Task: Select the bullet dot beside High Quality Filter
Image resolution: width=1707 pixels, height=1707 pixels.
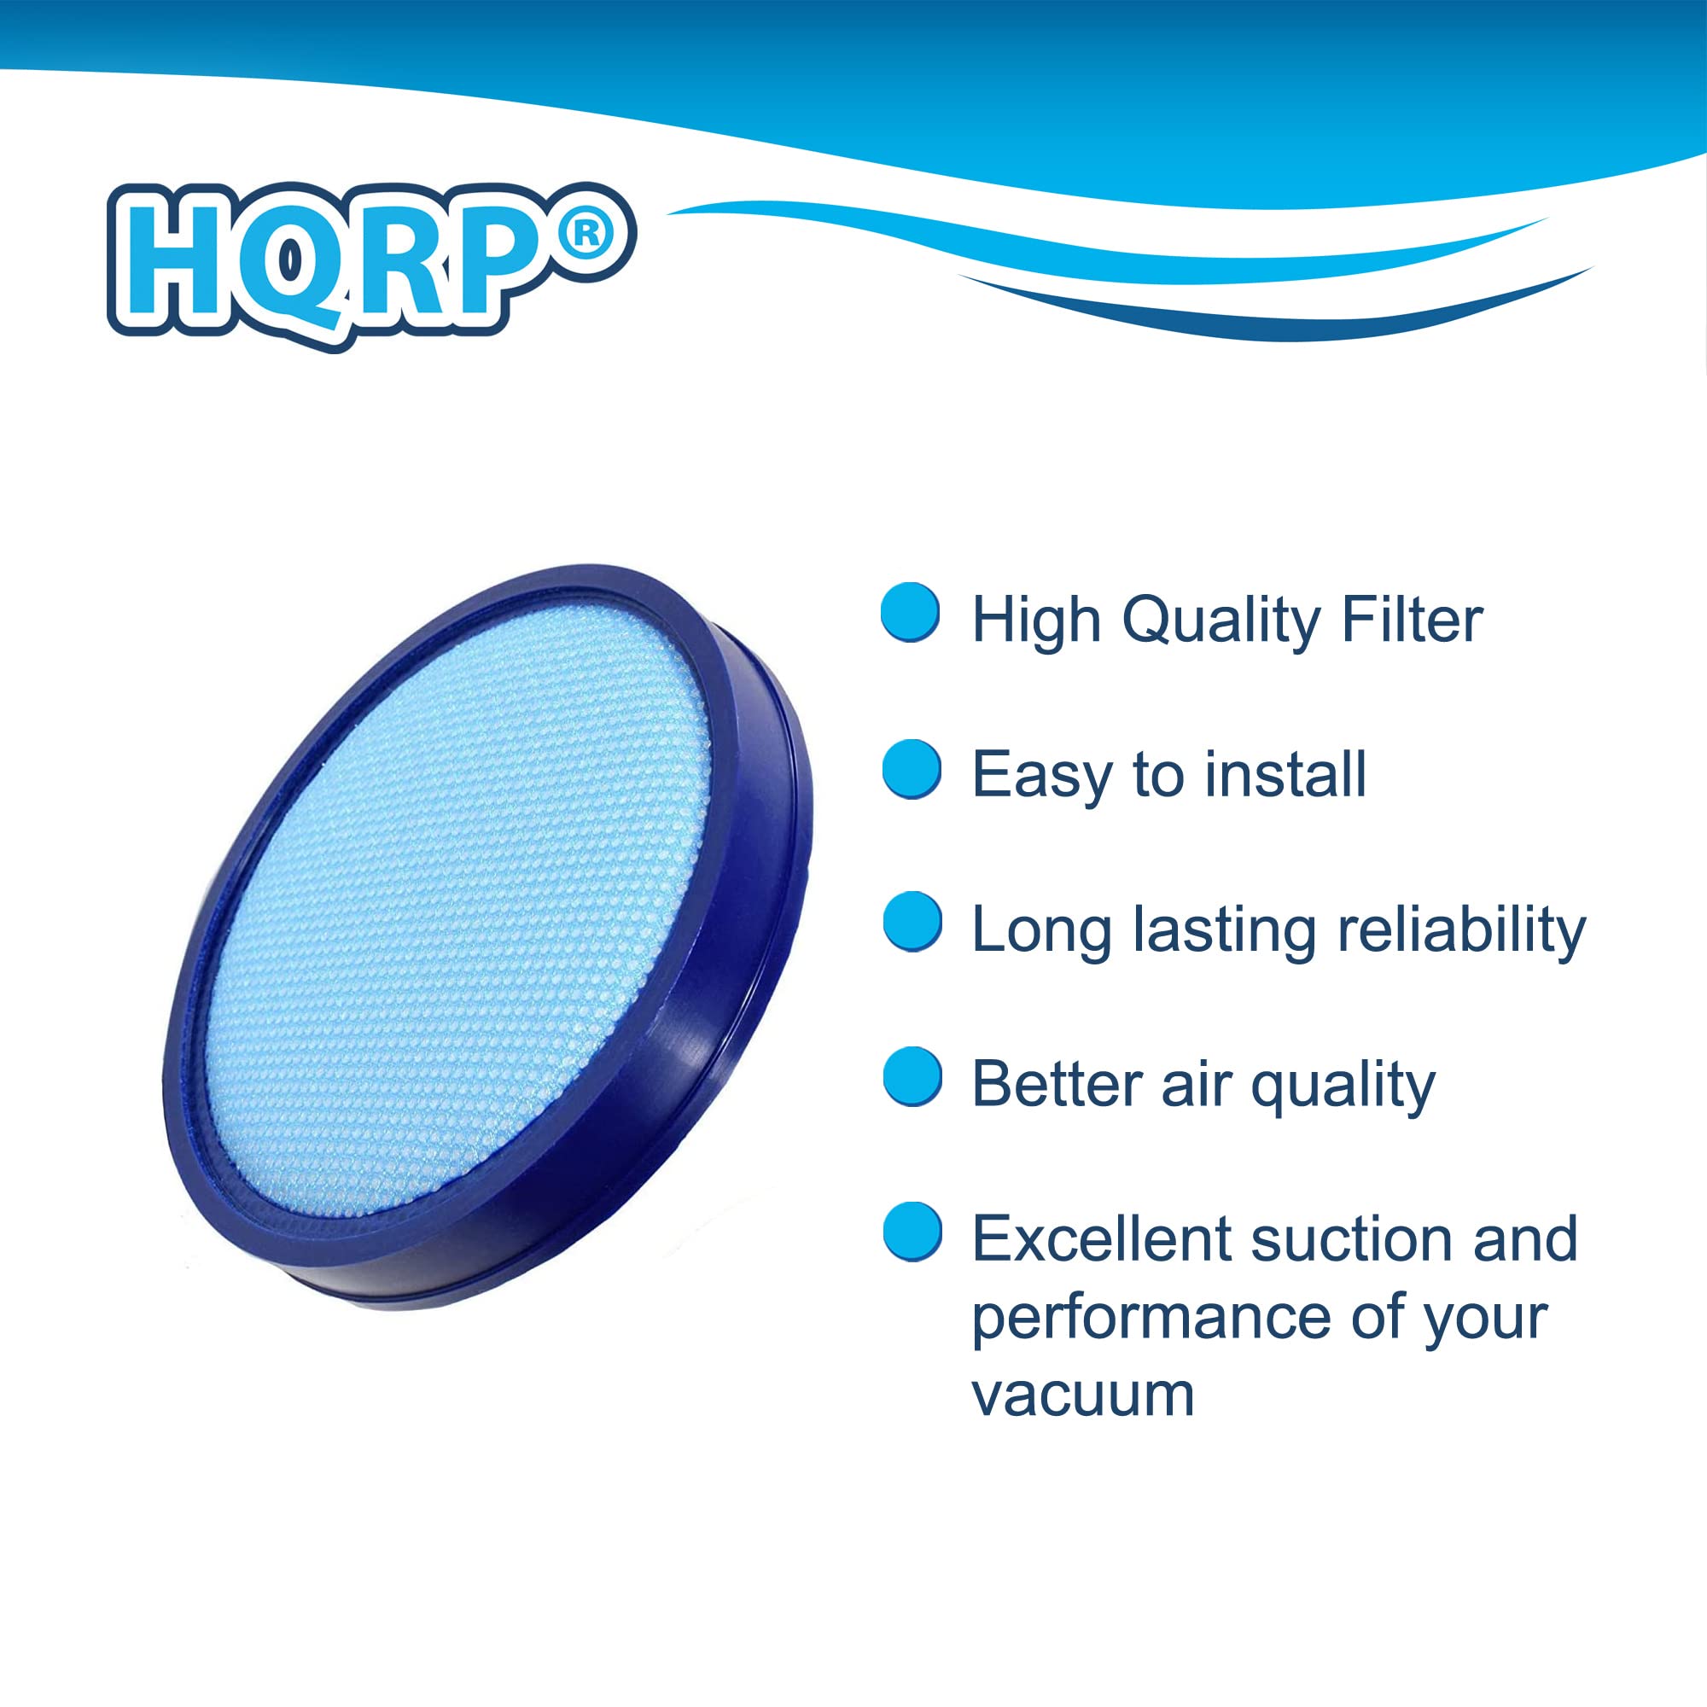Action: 910,611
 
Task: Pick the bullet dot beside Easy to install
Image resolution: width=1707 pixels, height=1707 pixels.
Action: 911,769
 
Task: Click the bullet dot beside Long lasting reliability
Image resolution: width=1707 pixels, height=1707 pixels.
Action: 912,922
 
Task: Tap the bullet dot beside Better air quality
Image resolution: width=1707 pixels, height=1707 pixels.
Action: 912,1076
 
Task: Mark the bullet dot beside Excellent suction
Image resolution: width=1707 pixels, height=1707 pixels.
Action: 912,1232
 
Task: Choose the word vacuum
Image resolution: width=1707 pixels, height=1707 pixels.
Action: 1083,1395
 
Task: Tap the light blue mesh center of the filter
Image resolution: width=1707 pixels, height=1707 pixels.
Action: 459,893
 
